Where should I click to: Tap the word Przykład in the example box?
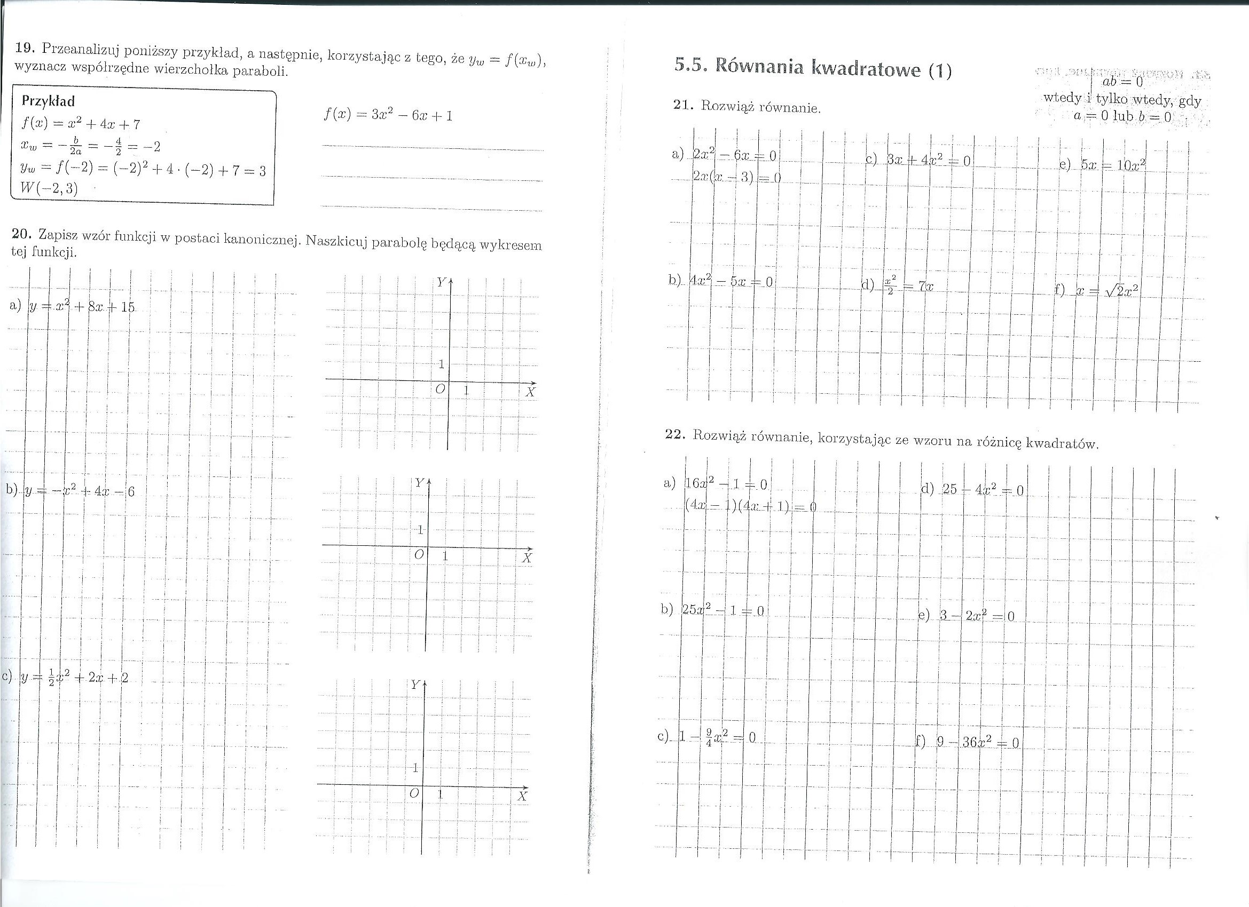click(48, 101)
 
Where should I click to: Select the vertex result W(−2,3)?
click(49, 188)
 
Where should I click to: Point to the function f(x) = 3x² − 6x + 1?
click(388, 115)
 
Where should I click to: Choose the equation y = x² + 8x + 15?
click(82, 307)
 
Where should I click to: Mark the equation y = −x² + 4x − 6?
click(80, 490)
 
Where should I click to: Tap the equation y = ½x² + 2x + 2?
click(74, 678)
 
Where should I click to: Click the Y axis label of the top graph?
click(442, 282)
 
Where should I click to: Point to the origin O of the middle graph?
click(419, 554)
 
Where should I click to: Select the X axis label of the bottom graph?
click(522, 797)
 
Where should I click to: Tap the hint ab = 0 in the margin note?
click(1114, 83)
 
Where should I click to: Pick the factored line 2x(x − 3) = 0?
click(737, 178)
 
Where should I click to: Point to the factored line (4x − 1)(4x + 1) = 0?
click(750, 507)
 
